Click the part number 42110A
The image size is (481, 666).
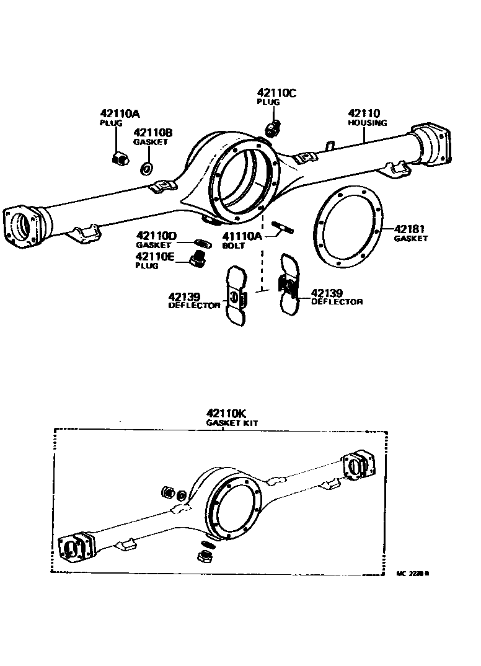click(x=120, y=113)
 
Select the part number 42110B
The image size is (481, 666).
click(x=153, y=132)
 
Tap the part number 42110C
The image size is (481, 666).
click(x=278, y=93)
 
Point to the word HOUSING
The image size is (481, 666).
click(x=367, y=123)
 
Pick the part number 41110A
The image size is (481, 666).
click(x=239, y=236)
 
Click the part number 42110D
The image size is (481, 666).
click(x=157, y=236)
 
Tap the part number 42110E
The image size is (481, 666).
click(x=156, y=256)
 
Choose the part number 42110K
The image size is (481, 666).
click(x=228, y=413)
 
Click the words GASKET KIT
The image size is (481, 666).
click(x=232, y=423)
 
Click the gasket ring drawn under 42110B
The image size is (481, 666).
click(x=148, y=167)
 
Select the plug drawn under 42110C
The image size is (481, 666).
click(x=272, y=129)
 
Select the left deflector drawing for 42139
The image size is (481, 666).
click(x=237, y=296)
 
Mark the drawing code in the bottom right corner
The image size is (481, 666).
click(x=412, y=573)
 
